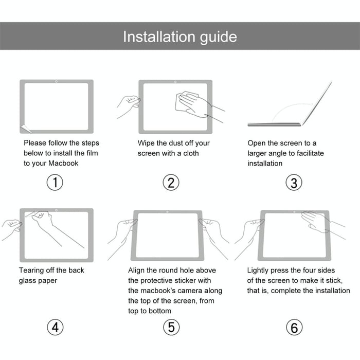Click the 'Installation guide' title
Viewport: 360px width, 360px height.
pyautogui.click(x=179, y=37)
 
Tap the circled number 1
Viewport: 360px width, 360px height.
pyautogui.click(x=55, y=183)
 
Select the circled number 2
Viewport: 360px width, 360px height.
pyautogui.click(x=171, y=183)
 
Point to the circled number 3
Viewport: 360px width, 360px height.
pyautogui.click(x=294, y=183)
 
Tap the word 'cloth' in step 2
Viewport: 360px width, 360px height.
pyautogui.click(x=189, y=153)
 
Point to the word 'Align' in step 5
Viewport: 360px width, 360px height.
pyautogui.click(x=137, y=270)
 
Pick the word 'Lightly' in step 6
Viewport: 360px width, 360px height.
pyautogui.click(x=260, y=270)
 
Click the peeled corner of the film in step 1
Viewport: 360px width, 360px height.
pyautogui.click(x=23, y=129)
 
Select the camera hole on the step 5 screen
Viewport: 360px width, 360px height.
pyautogui.click(x=167, y=212)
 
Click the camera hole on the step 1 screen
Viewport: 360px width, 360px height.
pyautogui.click(x=56, y=82)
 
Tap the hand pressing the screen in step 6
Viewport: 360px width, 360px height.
pyautogui.click(x=314, y=221)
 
